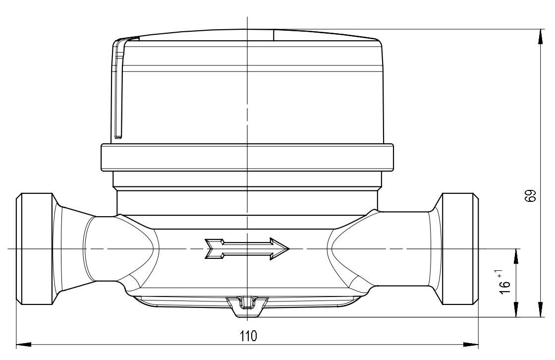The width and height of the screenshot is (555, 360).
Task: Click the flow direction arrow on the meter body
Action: [x=247, y=249]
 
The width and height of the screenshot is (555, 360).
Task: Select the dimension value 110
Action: [x=248, y=336]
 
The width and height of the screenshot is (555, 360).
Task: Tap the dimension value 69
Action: [x=530, y=195]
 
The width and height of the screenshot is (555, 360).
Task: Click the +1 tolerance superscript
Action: [x=499, y=274]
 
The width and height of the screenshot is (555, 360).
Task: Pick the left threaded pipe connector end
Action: [x=35, y=249]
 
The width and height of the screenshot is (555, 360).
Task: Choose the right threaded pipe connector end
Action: [x=460, y=249]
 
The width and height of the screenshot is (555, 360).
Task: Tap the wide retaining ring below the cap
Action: [x=247, y=157]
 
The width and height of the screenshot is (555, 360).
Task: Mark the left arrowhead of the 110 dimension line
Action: [x=24, y=344]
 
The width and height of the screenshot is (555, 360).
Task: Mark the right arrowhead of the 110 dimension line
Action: [x=471, y=344]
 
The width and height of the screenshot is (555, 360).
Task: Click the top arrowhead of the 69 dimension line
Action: [x=541, y=37]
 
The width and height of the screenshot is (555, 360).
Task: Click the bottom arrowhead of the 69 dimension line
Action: [x=541, y=309]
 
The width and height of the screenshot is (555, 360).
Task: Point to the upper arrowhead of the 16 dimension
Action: [x=516, y=256]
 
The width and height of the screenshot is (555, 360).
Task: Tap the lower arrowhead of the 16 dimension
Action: [x=516, y=309]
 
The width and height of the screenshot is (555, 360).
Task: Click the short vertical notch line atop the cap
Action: [x=274, y=35]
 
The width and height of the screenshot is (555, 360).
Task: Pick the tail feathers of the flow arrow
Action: [x=215, y=249]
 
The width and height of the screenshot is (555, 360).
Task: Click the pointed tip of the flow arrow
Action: [x=289, y=249]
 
